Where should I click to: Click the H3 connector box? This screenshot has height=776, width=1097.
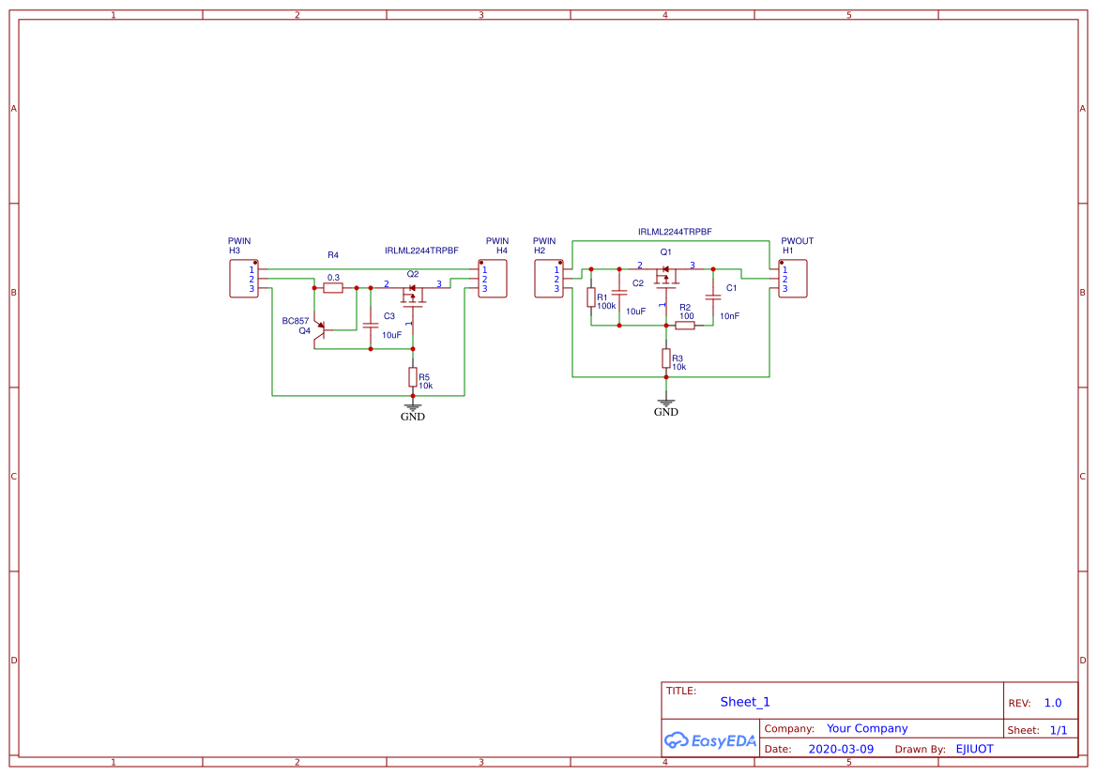[244, 280]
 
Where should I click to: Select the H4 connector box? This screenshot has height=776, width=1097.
[493, 280]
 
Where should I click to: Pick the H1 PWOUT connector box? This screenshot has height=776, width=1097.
[793, 280]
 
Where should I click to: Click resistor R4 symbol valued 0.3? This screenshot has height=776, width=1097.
[333, 288]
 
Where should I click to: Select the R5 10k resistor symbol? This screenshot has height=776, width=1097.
[412, 376]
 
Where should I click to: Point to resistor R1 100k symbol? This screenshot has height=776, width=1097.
[591, 297]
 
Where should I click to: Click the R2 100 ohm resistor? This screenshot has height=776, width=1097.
[685, 326]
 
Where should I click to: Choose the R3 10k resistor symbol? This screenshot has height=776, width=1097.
[666, 358]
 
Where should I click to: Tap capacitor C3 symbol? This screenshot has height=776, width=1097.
[371, 324]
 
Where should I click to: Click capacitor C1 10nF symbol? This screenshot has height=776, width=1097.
[713, 296]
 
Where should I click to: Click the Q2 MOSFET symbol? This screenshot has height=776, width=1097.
[412, 295]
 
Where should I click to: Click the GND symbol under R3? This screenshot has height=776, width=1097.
[666, 404]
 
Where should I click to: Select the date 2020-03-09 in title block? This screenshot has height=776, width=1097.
[841, 749]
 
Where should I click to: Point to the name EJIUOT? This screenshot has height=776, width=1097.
[974, 749]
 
